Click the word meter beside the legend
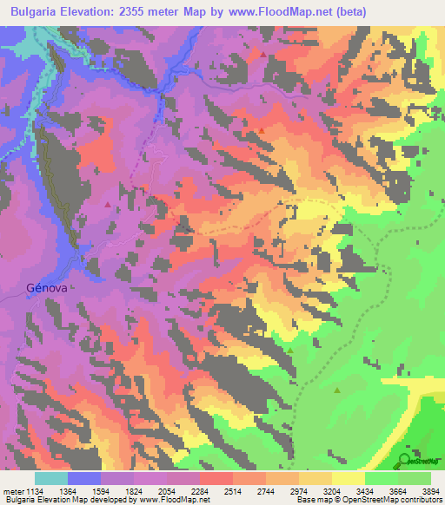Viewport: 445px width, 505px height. pos(14,490)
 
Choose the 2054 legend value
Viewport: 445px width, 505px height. pos(168,490)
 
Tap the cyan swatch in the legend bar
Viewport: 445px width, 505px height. pos(51,478)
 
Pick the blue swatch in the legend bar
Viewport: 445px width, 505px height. pos(84,478)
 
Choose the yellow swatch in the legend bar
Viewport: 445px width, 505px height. pos(348,478)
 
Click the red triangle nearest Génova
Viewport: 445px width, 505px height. pos(107,206)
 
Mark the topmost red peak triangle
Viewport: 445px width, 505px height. pos(263,54)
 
